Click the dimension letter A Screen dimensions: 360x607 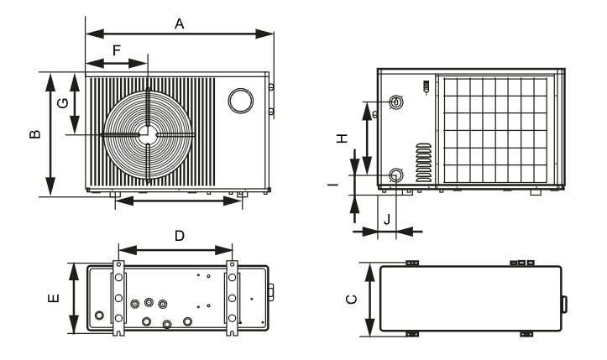(180, 24)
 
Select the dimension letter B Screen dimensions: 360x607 (34, 134)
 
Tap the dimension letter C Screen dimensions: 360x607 (353, 299)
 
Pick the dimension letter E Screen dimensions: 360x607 (55, 299)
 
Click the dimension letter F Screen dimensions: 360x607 (117, 50)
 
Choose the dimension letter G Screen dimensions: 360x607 (60, 103)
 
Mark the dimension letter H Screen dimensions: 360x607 (343, 139)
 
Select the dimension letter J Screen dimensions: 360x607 (387, 220)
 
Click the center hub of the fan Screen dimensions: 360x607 (147, 133)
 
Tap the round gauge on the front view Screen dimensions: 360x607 (240, 99)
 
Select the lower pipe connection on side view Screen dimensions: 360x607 (395, 175)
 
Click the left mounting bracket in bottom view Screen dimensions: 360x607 (118, 297)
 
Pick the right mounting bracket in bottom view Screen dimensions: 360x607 (232, 297)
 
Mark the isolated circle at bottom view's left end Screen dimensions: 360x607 (101, 316)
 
